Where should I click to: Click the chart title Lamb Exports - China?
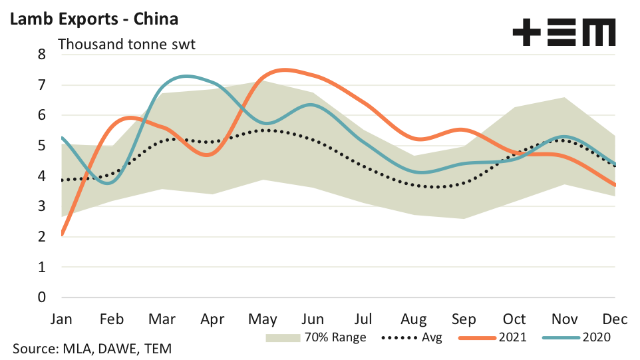[x=93, y=19]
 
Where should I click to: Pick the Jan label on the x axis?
[x=61, y=319]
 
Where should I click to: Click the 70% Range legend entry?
[x=316, y=337]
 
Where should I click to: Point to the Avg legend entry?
[x=412, y=337]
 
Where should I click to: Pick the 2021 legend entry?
[x=492, y=337]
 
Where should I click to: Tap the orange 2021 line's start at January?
[x=62, y=234]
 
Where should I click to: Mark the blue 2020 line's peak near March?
[x=186, y=77]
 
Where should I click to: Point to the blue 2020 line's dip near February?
[x=109, y=183]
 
